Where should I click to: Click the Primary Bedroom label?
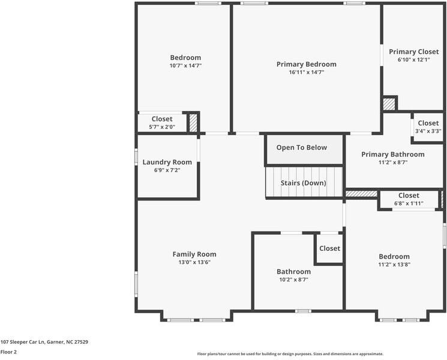point(306,64)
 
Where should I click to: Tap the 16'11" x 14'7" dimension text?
point(307,73)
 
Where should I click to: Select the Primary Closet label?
point(413,52)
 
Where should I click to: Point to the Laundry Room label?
point(167,162)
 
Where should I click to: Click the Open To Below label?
point(302,148)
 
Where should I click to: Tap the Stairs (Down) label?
point(304,183)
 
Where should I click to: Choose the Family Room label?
point(194,254)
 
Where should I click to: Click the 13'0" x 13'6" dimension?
point(194,262)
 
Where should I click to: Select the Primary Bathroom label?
point(393,154)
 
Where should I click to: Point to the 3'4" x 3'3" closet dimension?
point(428,131)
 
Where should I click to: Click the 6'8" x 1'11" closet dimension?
point(409,203)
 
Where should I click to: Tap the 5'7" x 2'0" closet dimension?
point(162,127)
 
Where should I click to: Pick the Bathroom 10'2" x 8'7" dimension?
point(293,280)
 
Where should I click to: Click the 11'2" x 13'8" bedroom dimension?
point(394,265)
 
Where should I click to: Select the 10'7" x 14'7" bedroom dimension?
point(185,65)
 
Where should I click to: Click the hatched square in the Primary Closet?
point(389,104)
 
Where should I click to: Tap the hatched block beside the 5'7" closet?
point(193,123)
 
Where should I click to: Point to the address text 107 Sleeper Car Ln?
point(23,342)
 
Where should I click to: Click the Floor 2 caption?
point(8,352)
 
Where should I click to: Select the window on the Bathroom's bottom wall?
point(303,311)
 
